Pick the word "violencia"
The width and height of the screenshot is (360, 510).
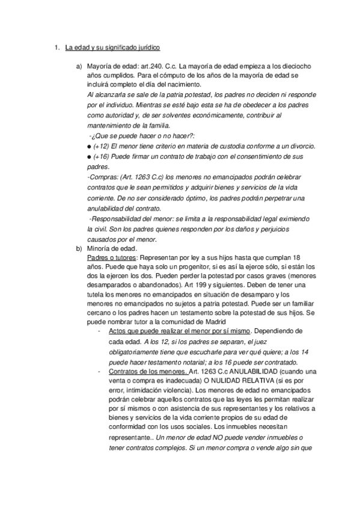[182, 392]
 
